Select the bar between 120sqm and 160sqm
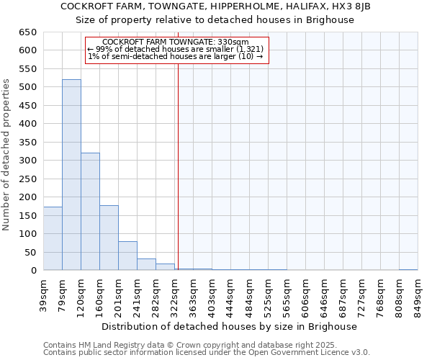click(x=90, y=212)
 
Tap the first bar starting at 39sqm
click(x=53, y=238)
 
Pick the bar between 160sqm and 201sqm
click(x=109, y=238)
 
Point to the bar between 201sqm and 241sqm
click(x=127, y=256)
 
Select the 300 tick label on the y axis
click(x=27, y=161)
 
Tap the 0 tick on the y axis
click(x=33, y=271)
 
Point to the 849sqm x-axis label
click(x=418, y=294)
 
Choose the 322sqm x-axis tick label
click(x=175, y=294)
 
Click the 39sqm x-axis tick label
click(x=43, y=294)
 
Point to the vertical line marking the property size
click(x=178, y=166)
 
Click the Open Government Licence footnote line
click(x=206, y=352)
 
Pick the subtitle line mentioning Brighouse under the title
click(x=215, y=20)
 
